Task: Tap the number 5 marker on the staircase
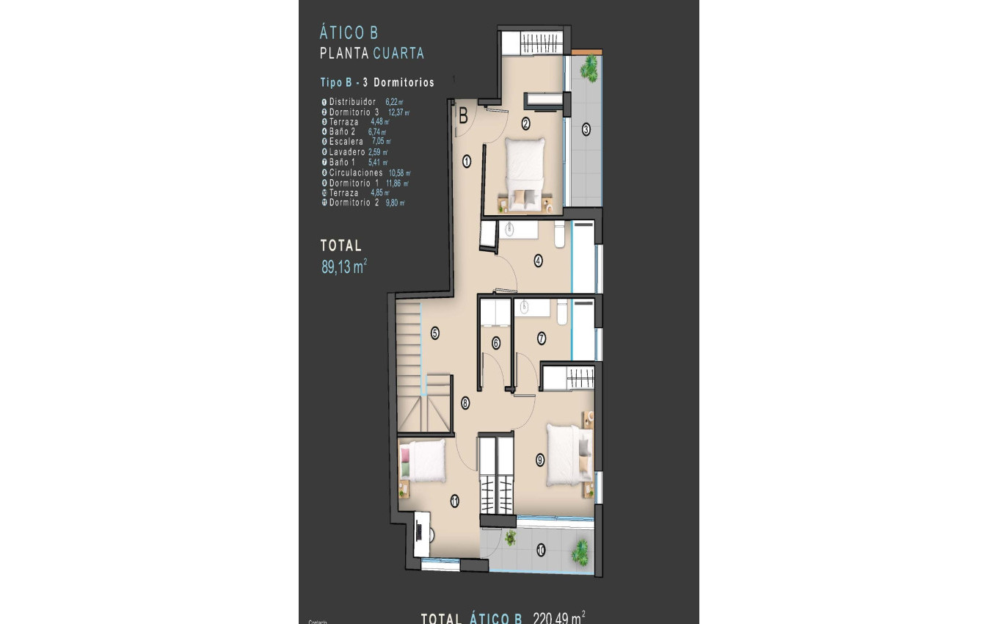[434, 333]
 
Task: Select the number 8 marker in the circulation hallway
[465, 402]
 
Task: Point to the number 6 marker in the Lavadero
[496, 342]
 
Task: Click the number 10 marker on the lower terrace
[541, 550]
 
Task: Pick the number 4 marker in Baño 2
[538, 260]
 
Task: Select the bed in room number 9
[567, 455]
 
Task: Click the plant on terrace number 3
[588, 69]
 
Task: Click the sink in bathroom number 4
[511, 229]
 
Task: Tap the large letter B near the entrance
[464, 115]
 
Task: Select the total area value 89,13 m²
[343, 267]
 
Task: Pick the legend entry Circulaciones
[356, 173]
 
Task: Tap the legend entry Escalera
[346, 142]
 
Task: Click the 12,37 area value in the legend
[397, 112]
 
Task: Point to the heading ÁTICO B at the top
[349, 33]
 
